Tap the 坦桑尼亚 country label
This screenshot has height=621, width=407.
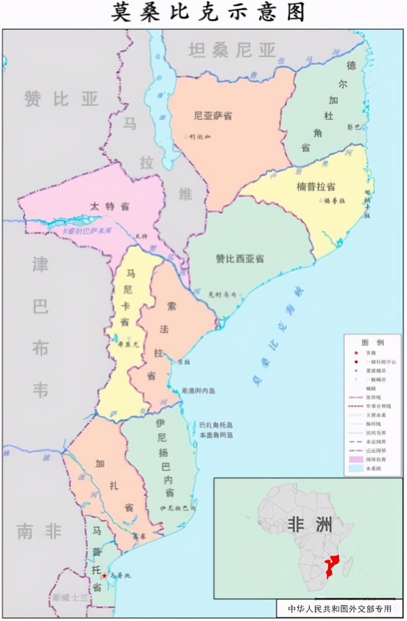point(232,50)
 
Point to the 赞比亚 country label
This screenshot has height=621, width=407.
point(61,99)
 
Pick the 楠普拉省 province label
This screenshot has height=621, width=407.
point(316,186)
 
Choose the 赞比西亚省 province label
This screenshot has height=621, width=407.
point(240,259)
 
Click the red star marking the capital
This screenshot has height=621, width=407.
point(104,575)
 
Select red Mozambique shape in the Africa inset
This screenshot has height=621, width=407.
point(333,565)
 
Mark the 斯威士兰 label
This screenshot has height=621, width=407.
point(70,598)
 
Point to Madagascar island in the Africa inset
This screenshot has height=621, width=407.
point(348,566)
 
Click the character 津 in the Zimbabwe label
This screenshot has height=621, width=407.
point(40,264)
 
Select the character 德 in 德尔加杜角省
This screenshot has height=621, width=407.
point(351,65)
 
